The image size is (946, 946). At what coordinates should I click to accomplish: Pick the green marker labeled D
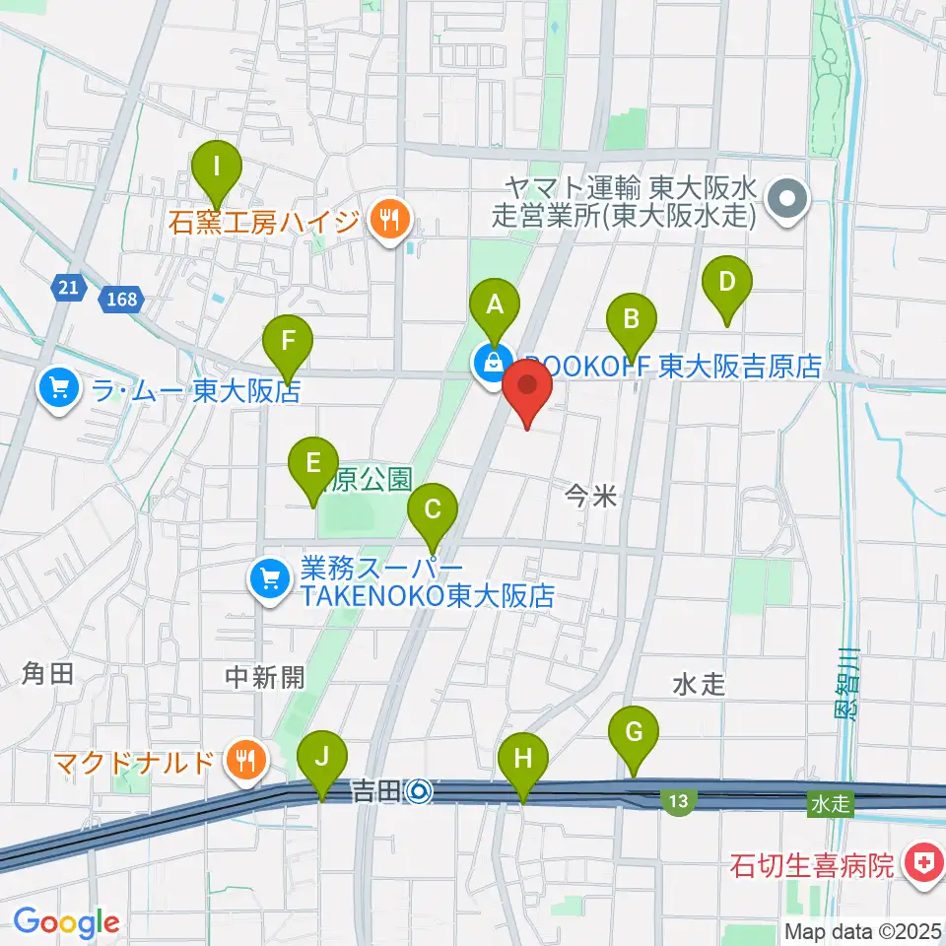[x=726, y=284]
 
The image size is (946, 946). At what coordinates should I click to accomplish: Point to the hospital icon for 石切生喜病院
[x=921, y=866]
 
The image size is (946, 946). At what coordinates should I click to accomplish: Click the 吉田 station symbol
[x=420, y=790]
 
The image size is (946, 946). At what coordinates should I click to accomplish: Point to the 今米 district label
[x=592, y=499]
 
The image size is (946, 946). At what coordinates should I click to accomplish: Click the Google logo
[x=67, y=923]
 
